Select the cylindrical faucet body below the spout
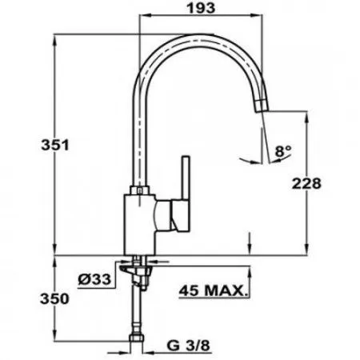click(x=139, y=221)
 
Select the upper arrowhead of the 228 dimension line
click(x=306, y=114)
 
